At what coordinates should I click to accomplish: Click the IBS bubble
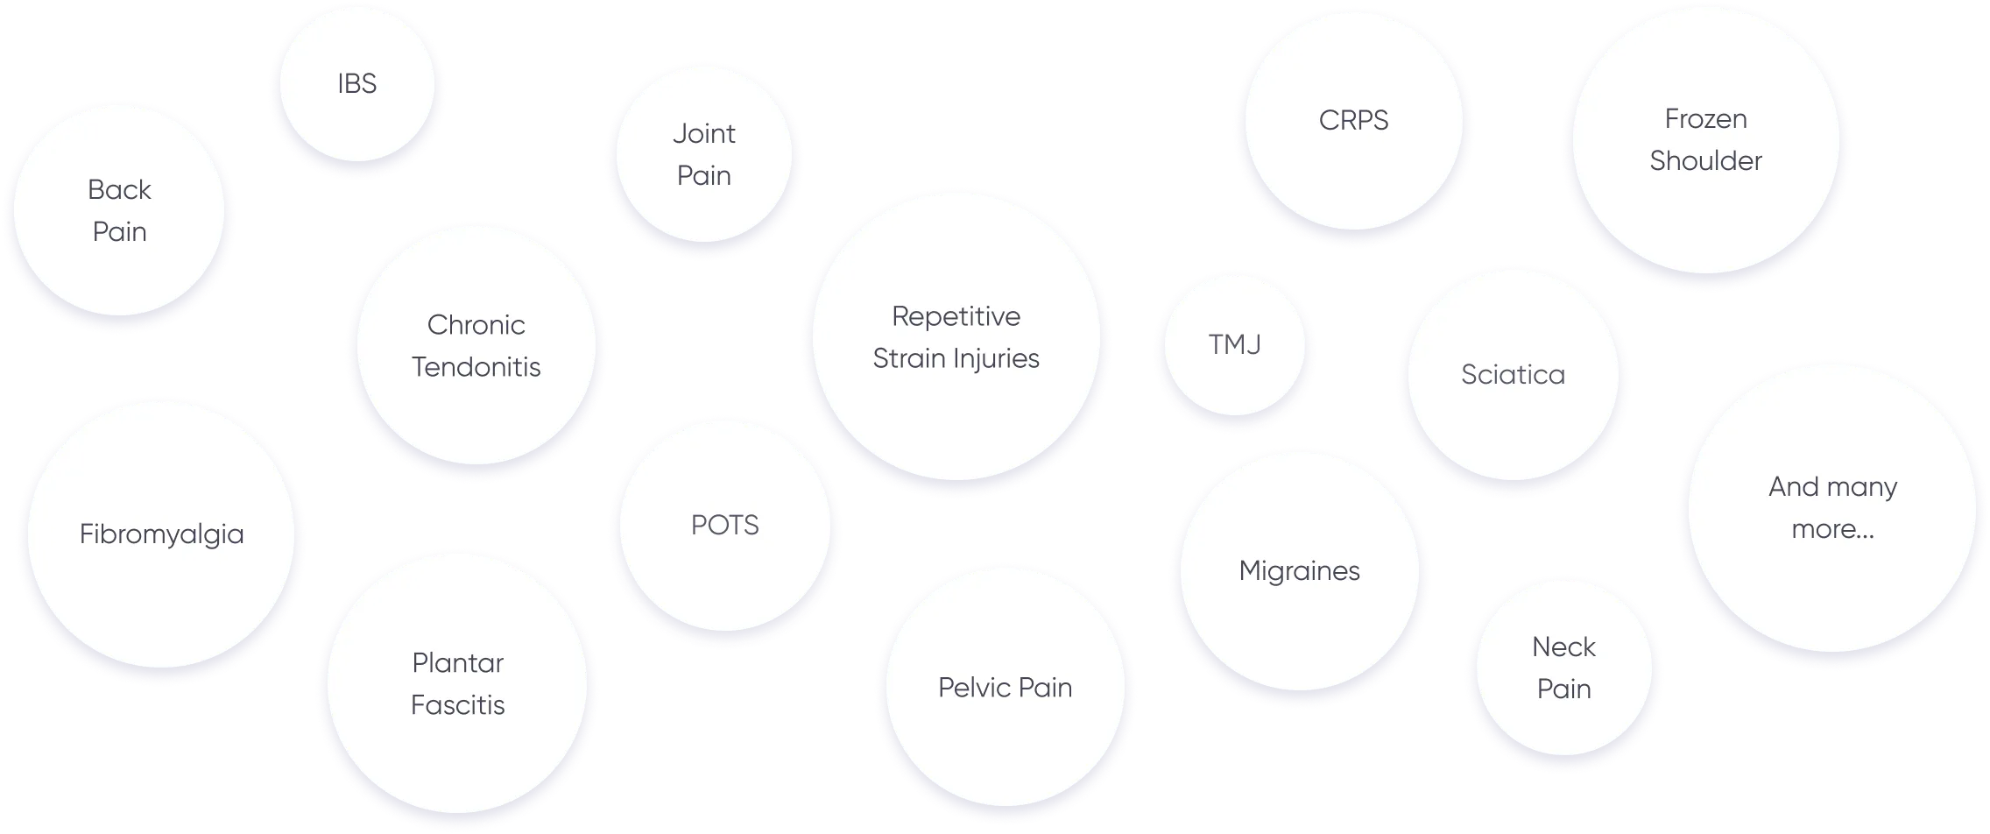point(357,84)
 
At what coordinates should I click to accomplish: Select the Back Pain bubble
point(119,210)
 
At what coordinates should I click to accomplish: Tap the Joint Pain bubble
point(704,154)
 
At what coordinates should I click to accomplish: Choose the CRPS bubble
point(1354,121)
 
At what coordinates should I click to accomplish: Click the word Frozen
point(1705,119)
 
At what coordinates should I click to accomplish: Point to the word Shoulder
point(1705,161)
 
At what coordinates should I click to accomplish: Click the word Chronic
point(476,325)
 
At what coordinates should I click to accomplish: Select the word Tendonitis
point(476,367)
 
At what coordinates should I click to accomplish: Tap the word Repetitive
point(956,317)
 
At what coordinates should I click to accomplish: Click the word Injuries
point(996,359)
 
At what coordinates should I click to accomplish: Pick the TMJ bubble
point(1235,345)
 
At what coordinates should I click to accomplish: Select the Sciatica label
point(1513,375)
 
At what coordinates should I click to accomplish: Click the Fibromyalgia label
point(162,534)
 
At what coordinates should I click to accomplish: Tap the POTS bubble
point(725,526)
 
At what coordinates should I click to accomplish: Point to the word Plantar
point(458,663)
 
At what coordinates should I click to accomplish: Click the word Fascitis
point(458,705)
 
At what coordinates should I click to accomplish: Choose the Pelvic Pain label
point(1006,688)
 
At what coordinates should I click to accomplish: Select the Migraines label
point(1300,571)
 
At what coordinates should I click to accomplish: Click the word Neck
point(1563,647)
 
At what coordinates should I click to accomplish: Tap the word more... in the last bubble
point(1832,530)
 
